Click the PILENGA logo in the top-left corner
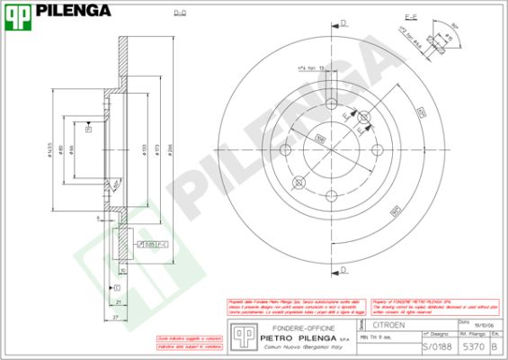point(59,12)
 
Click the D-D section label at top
point(179,13)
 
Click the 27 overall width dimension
point(114,318)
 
